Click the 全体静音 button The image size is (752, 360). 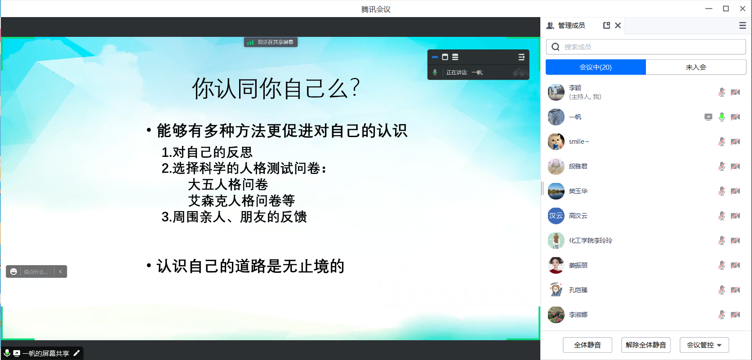[x=587, y=345]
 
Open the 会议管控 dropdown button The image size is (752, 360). [x=704, y=345]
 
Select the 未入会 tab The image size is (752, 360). [x=696, y=67]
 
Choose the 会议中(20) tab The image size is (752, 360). [x=596, y=67]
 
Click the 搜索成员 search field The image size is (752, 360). [x=646, y=47]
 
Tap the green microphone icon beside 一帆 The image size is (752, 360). [x=722, y=117]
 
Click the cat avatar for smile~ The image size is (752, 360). [x=556, y=142]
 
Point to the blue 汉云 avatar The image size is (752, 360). [x=556, y=216]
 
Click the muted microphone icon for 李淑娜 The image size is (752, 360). [x=722, y=315]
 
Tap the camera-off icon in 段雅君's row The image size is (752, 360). [x=735, y=166]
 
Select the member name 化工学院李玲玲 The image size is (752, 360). [x=591, y=240]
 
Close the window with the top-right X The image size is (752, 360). [x=743, y=9]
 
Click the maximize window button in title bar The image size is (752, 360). [x=726, y=9]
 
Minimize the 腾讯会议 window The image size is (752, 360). [x=709, y=9]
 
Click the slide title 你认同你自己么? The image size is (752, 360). [x=276, y=89]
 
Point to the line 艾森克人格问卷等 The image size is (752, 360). [x=241, y=201]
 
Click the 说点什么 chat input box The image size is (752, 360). [x=36, y=271]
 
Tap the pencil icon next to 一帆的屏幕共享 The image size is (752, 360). [x=76, y=353]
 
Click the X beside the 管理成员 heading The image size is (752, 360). [x=618, y=26]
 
